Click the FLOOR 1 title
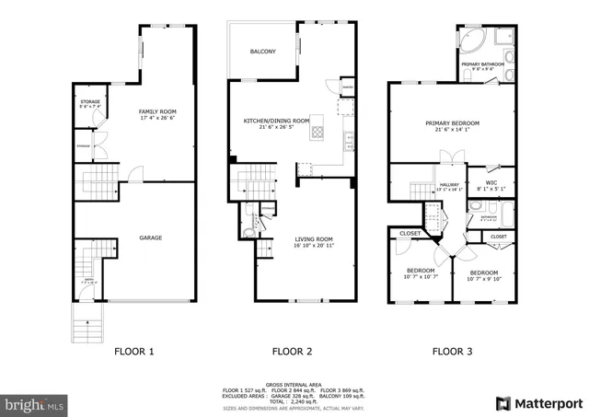134,351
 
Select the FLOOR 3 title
454,351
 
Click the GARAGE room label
150,237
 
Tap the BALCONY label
262,52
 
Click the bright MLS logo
35,403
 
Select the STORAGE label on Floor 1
90,102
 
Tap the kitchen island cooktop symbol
318,131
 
